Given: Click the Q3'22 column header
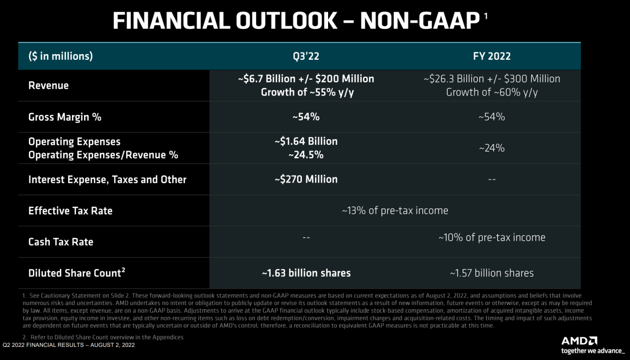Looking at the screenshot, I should pyautogui.click(x=306, y=56).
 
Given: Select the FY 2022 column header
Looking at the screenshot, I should pyautogui.click(x=491, y=56).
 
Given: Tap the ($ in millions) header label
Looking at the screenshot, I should pyautogui.click(x=60, y=56).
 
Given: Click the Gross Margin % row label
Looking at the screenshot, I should pyautogui.click(x=65, y=117).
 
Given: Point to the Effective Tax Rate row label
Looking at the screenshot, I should pyautogui.click(x=70, y=211).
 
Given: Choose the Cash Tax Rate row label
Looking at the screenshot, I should pyautogui.click(x=61, y=242).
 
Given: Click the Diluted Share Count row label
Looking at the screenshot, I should pyautogui.click(x=77, y=273).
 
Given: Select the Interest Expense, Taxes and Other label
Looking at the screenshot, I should pyautogui.click(x=107, y=179).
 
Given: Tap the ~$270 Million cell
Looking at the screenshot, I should pyautogui.click(x=306, y=179).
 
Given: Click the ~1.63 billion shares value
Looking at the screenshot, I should pyautogui.click(x=306, y=273).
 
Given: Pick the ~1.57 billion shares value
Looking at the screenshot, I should pyautogui.click(x=491, y=273).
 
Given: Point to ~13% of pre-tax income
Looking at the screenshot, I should pyautogui.click(x=395, y=211).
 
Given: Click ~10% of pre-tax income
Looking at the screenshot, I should pyautogui.click(x=491, y=238).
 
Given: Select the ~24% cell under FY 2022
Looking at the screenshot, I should pyautogui.click(x=491, y=149).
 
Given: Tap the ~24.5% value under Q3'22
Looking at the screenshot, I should pyautogui.click(x=306, y=155).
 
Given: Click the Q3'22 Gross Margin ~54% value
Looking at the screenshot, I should pyautogui.click(x=306, y=117).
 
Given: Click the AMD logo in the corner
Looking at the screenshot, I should pyautogui.click(x=580, y=341).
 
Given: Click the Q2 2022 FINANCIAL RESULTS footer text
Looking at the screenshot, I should pyautogui.click(x=69, y=345).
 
